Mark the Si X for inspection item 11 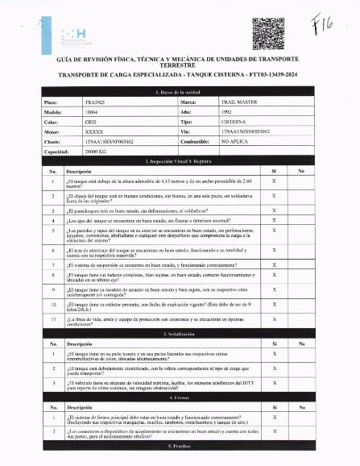click(274, 321)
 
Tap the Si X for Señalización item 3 click(274, 384)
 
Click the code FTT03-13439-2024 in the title click(265, 73)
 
